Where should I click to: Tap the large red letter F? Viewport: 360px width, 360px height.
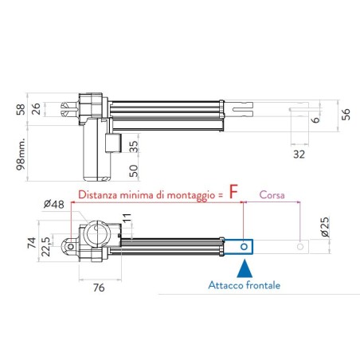234,192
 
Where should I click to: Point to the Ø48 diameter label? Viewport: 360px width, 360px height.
53,204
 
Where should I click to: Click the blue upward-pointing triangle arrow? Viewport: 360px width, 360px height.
245,268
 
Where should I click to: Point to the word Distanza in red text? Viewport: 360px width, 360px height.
100,194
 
